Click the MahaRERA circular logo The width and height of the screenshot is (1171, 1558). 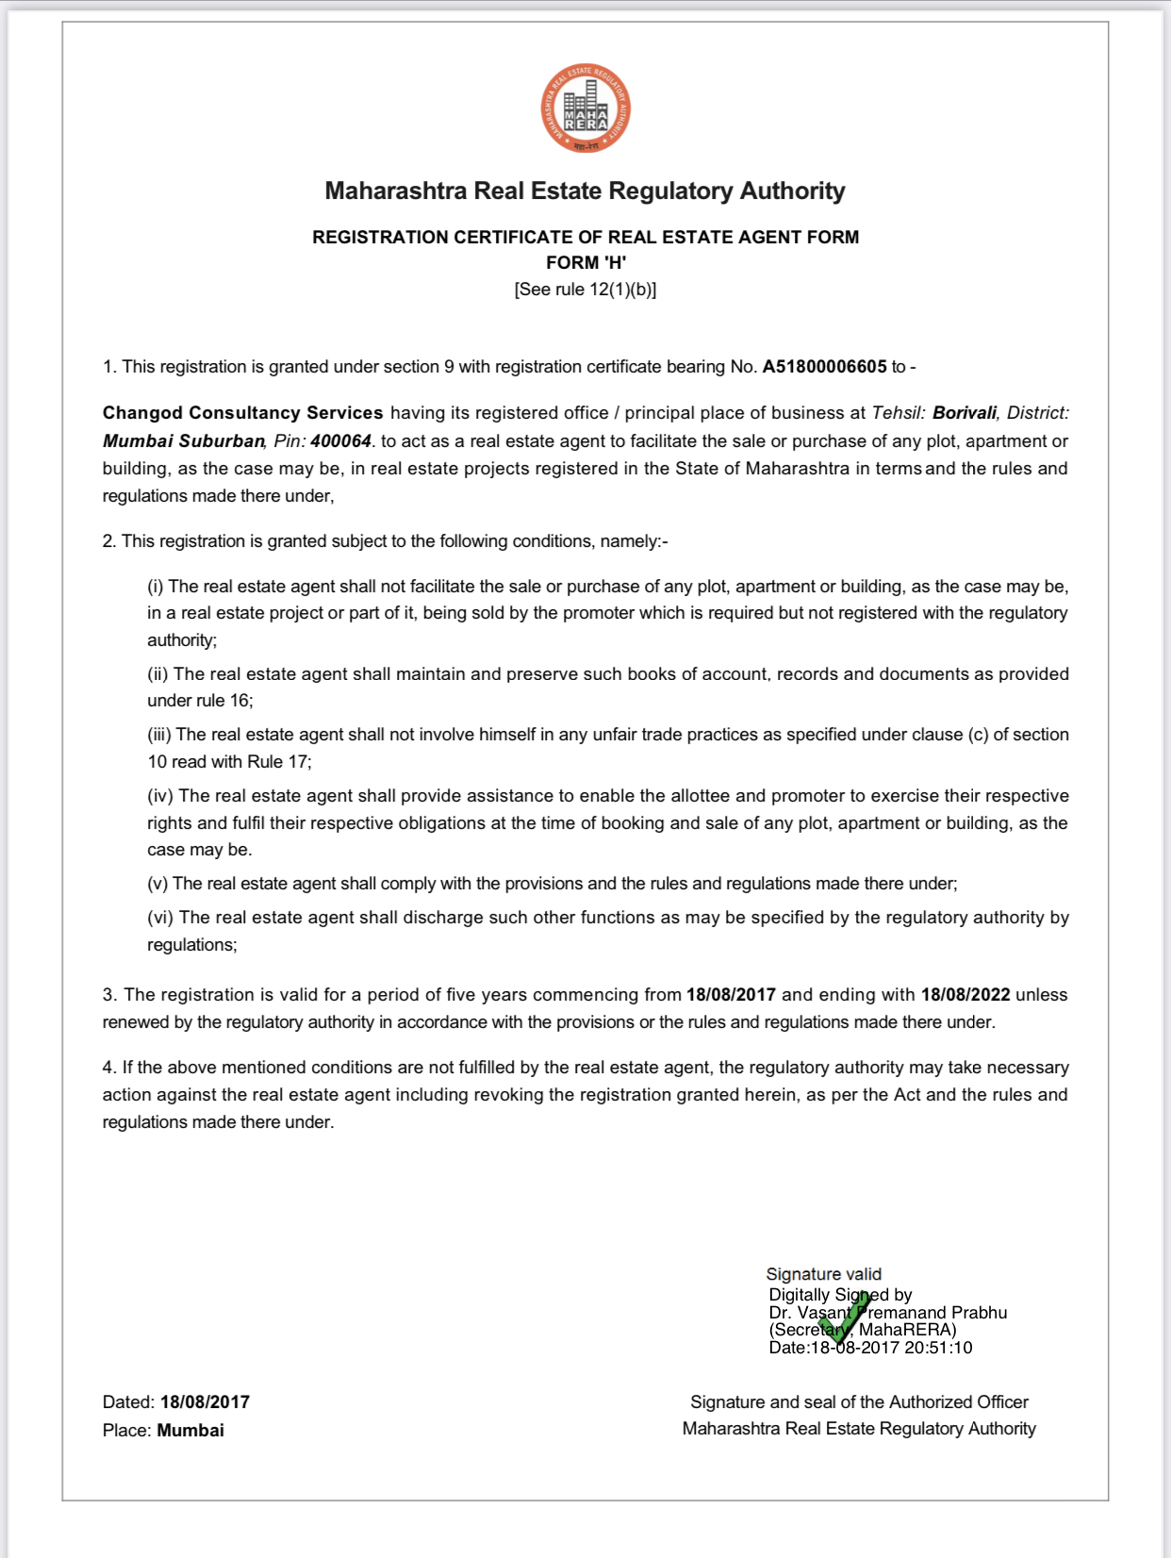(585, 109)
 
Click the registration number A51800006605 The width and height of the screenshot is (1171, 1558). (824, 367)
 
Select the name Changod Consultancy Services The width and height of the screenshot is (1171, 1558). (242, 413)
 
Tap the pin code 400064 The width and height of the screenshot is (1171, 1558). (340, 441)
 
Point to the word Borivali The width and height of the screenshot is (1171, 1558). (965, 413)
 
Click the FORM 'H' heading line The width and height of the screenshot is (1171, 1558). (585, 263)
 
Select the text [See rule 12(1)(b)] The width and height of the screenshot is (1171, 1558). (585, 290)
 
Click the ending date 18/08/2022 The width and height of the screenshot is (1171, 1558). (965, 995)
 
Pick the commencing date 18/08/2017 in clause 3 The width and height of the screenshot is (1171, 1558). (731, 995)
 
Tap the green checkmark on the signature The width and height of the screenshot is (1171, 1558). (845, 1318)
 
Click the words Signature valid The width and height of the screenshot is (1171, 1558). (823, 1274)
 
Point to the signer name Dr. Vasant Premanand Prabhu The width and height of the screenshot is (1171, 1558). (887, 1313)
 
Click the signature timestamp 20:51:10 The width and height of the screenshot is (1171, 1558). (938, 1348)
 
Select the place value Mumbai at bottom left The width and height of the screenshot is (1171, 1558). (190, 1431)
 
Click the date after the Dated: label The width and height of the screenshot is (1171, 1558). (205, 1402)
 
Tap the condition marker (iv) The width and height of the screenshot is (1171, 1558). (160, 796)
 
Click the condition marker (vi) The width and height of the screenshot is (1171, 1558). (160, 918)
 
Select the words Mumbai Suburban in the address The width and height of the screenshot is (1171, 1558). (184, 441)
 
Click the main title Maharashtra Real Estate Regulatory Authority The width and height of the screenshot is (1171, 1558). (585, 191)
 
